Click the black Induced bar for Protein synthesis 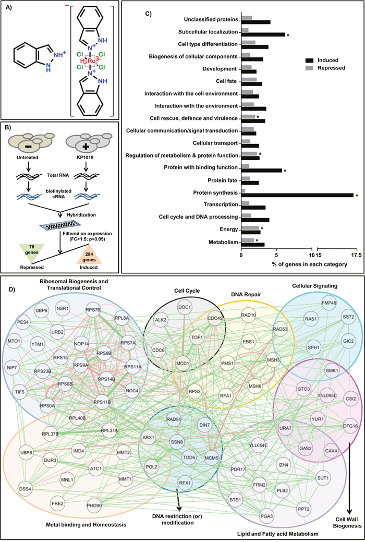point(297,195)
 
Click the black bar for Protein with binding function point(261,171)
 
